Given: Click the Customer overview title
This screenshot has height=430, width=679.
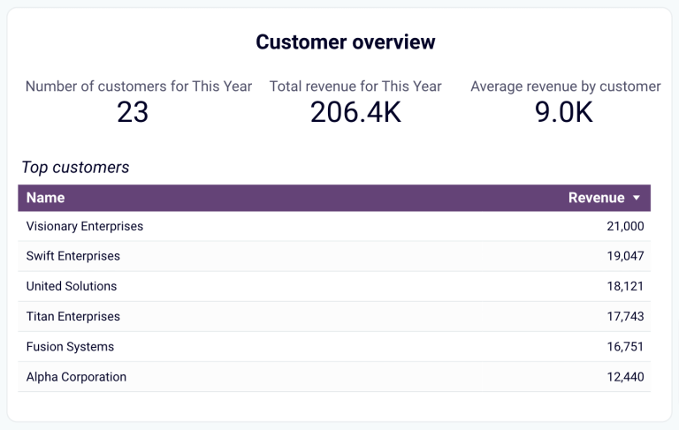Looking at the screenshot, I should (x=345, y=41).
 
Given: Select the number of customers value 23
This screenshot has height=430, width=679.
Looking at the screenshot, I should (x=133, y=112).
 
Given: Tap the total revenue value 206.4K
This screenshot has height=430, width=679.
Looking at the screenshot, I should (x=355, y=112).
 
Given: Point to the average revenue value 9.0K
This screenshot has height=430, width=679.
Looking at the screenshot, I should (x=564, y=112).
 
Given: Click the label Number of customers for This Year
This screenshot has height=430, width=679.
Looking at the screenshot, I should (x=139, y=87).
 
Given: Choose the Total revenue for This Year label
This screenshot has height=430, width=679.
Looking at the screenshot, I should (x=355, y=87).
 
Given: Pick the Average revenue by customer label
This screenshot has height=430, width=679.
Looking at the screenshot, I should (x=565, y=87).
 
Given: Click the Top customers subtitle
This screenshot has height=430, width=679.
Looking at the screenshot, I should (x=75, y=167).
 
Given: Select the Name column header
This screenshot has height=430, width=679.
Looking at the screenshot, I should (x=45, y=198).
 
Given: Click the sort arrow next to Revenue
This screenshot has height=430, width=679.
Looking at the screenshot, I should (x=636, y=199).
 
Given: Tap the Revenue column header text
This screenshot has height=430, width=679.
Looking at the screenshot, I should (x=596, y=198).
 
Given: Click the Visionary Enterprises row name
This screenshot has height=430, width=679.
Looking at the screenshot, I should (x=85, y=226).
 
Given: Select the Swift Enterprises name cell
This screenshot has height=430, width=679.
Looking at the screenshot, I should (x=73, y=256).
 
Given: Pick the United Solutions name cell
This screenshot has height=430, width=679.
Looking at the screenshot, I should (x=72, y=286).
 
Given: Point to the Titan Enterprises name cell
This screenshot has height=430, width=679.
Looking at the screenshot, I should (x=73, y=316).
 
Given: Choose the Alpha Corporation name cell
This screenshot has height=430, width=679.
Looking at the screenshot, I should (x=76, y=377).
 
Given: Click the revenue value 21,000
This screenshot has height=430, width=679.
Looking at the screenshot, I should (x=625, y=226).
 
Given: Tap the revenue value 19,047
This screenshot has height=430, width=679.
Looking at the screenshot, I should (x=625, y=256).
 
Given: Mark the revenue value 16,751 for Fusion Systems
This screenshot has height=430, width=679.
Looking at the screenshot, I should (x=625, y=347).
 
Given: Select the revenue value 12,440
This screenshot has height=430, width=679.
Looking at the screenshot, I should (x=625, y=377).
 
